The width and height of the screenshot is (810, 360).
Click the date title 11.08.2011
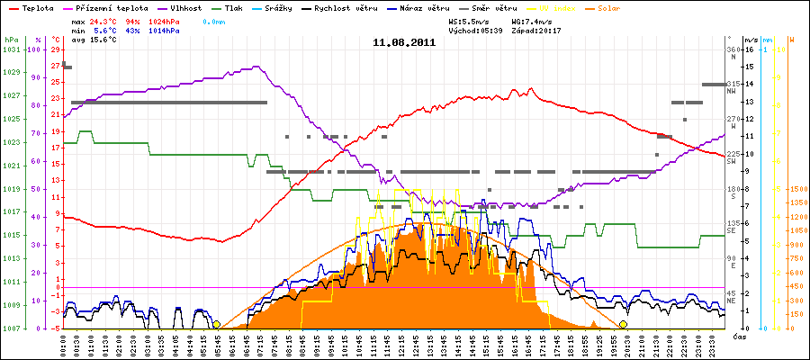(405, 42)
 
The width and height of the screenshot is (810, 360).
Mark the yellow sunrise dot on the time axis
(216, 324)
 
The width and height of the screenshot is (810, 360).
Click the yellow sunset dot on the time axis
(623, 324)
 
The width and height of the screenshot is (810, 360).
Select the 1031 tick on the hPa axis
(10, 49)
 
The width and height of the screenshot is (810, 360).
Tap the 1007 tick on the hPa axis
(10, 328)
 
